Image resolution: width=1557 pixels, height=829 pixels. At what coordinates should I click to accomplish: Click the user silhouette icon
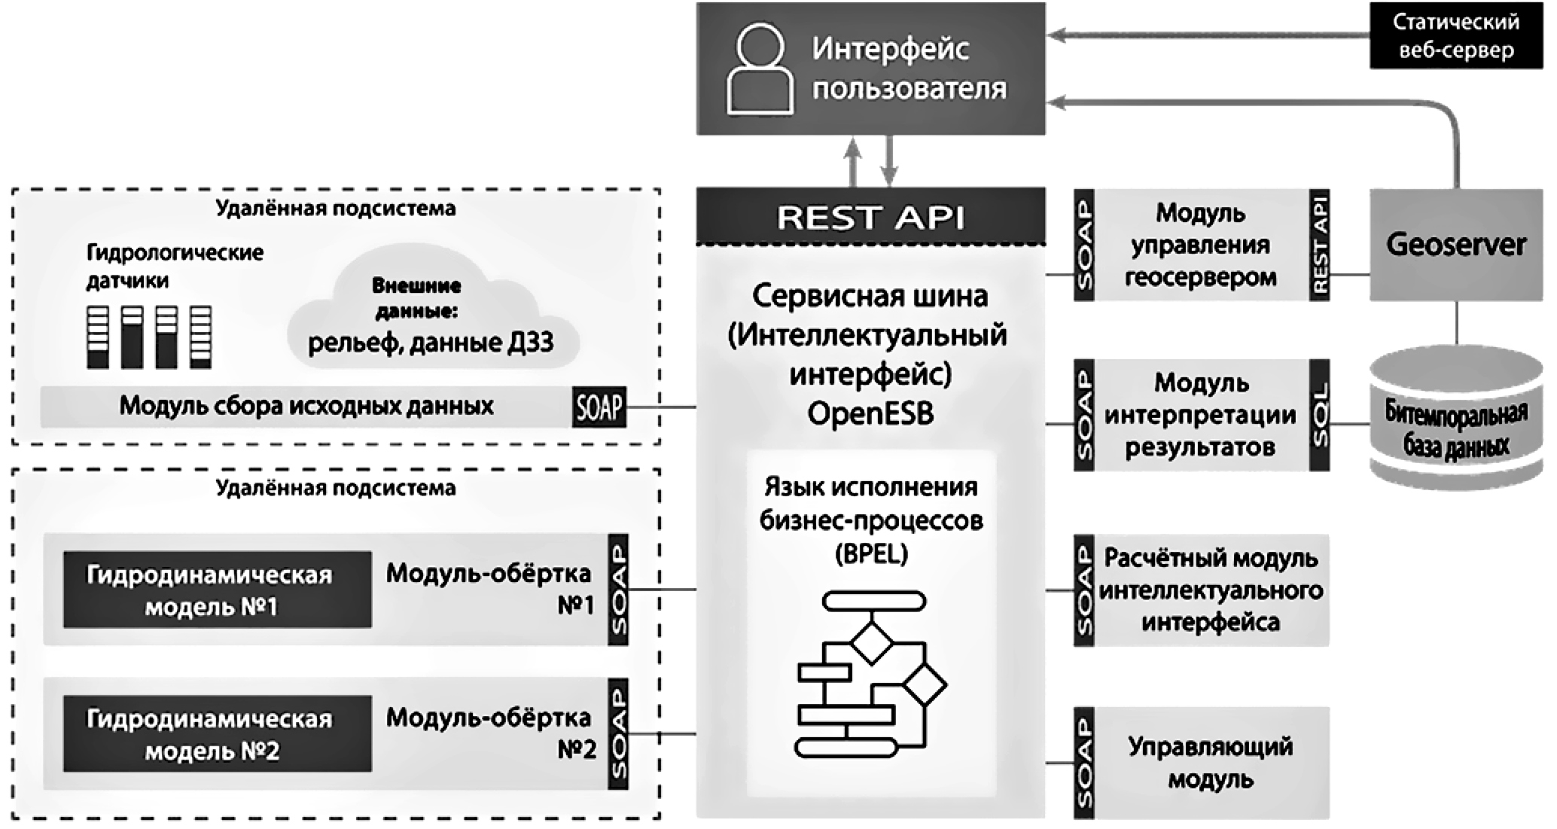click(x=759, y=69)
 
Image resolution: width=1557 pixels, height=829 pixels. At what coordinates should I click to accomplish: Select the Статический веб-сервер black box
click(x=1455, y=35)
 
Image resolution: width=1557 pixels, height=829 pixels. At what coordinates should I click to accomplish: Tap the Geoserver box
click(x=1455, y=245)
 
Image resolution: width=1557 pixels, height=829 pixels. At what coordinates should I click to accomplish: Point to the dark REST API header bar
click(x=870, y=217)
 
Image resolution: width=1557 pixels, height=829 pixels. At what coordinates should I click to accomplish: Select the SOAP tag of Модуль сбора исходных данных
click(x=599, y=407)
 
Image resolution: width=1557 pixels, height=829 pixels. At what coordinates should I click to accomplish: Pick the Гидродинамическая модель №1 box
click(x=217, y=590)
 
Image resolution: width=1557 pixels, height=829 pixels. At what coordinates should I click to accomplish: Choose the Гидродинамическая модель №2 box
click(x=217, y=734)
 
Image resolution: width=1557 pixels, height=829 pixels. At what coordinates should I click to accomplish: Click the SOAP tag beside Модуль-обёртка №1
click(x=618, y=590)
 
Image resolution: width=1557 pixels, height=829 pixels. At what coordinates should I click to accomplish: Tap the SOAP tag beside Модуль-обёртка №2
click(x=618, y=734)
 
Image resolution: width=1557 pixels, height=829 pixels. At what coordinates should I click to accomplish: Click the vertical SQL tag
click(x=1319, y=415)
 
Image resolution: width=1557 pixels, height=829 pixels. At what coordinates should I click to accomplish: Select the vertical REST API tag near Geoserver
click(x=1319, y=245)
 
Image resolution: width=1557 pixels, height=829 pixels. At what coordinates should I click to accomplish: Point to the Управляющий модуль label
click(x=1210, y=763)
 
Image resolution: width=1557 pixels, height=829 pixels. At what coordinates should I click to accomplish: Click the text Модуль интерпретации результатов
click(x=1200, y=415)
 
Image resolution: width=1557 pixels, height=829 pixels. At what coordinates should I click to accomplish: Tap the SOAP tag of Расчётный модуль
click(x=1084, y=590)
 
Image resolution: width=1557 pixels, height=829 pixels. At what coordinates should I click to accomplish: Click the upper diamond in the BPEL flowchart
click(x=872, y=642)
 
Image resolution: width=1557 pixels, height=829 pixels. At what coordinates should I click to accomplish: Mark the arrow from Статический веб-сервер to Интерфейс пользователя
click(x=1205, y=35)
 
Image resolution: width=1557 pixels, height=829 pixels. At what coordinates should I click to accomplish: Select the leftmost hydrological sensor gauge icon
click(x=98, y=337)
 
